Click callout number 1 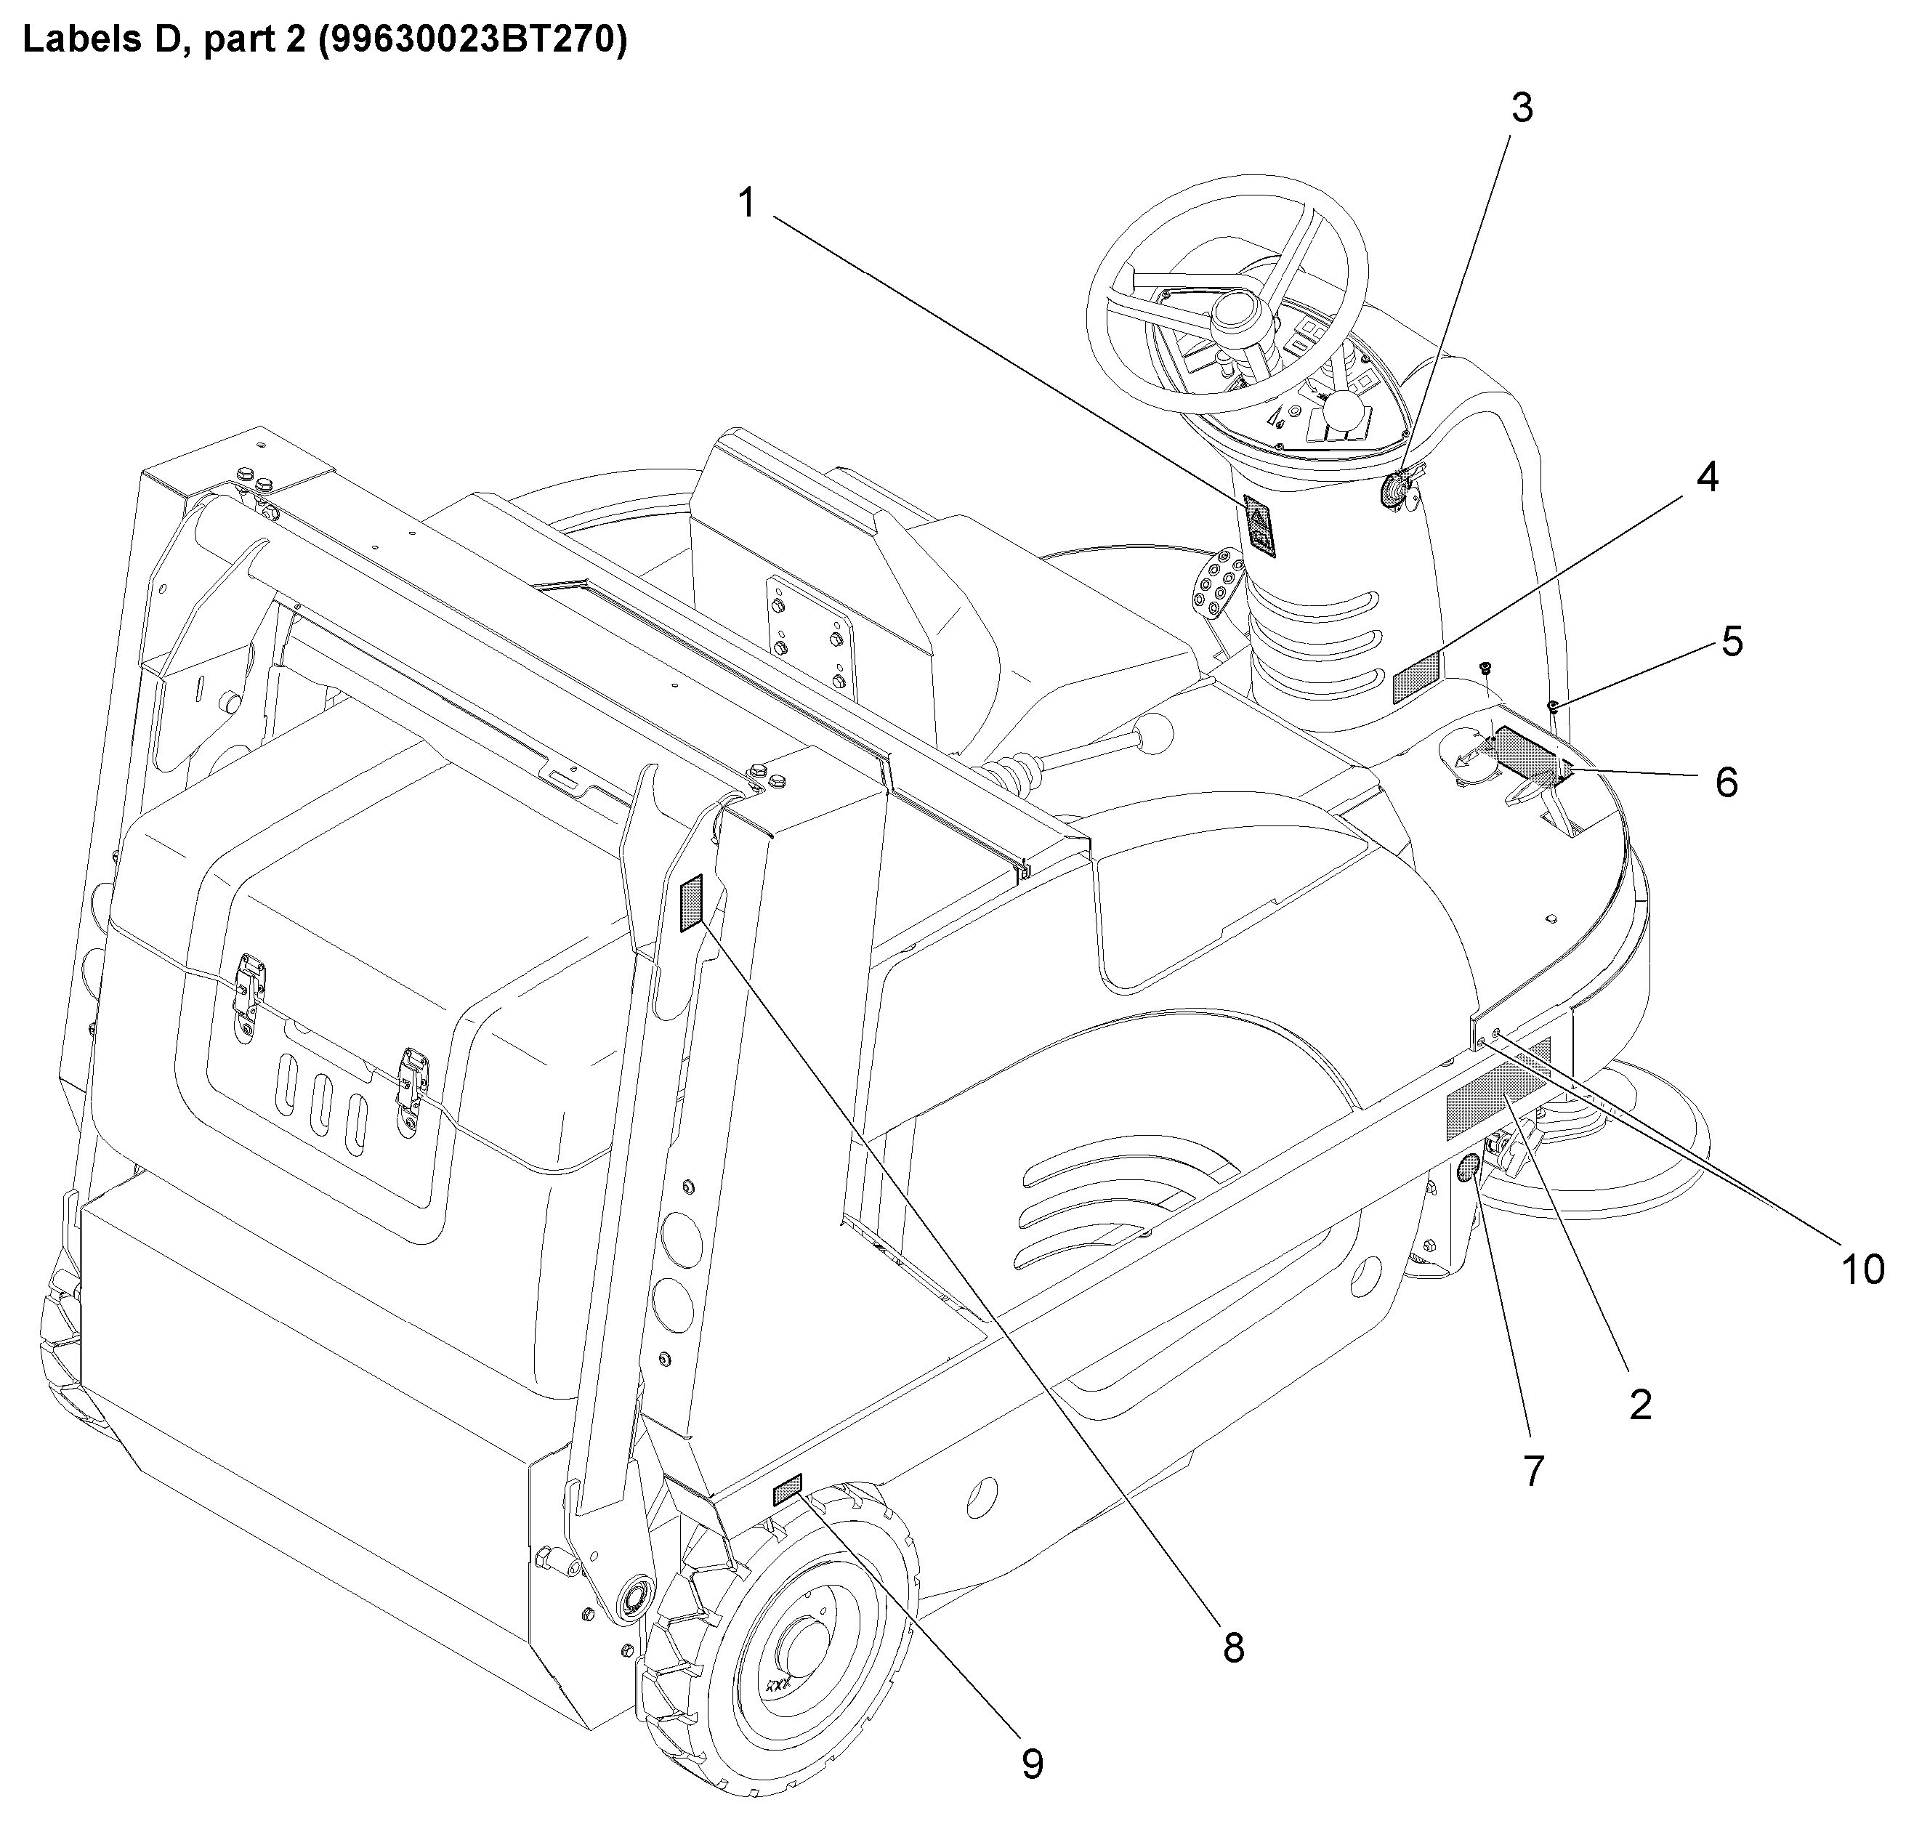click(747, 204)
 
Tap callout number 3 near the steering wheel click(1522, 109)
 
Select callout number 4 click(1708, 477)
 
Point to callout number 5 click(1731, 642)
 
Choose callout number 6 click(1726, 782)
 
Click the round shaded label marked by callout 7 click(1469, 1171)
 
